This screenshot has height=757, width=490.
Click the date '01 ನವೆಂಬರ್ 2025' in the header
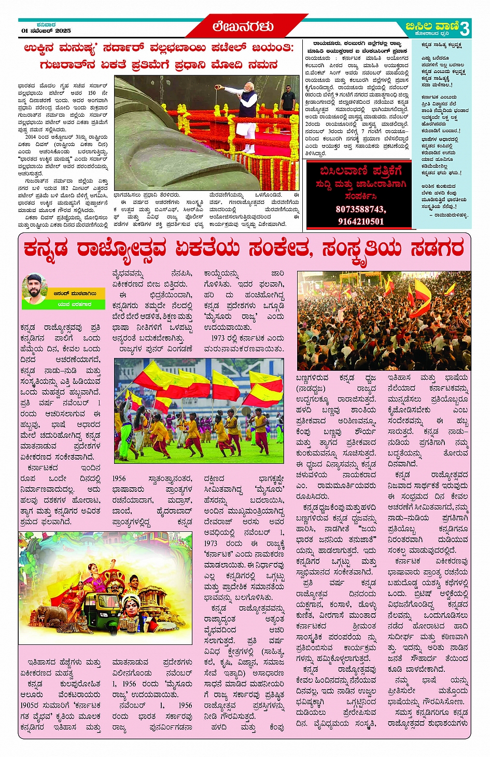pyautogui.click(x=46, y=31)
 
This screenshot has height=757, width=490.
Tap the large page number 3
pyautogui.click(x=465, y=28)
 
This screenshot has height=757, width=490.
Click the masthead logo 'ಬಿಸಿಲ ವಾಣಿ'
pyautogui.click(x=432, y=26)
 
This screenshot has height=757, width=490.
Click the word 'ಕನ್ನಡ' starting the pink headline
pyautogui.click(x=46, y=249)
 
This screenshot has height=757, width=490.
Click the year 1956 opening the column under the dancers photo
pyautogui.click(x=119, y=478)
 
